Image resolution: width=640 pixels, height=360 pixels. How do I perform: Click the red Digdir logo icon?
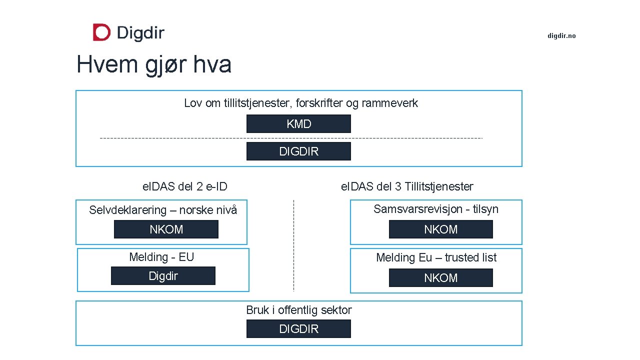(101, 32)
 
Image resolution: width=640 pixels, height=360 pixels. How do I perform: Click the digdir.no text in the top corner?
(561, 35)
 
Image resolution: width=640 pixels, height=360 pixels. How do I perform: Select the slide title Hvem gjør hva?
(154, 65)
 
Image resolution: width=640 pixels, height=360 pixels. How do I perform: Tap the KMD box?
(298, 124)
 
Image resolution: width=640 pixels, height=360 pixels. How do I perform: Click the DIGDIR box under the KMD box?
(298, 151)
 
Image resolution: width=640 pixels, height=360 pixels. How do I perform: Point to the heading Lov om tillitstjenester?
(300, 103)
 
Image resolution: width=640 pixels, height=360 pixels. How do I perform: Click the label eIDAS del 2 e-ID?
(185, 187)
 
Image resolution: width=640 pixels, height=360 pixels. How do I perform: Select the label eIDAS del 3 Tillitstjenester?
(406, 187)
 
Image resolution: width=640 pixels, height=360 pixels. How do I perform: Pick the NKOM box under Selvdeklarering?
(166, 229)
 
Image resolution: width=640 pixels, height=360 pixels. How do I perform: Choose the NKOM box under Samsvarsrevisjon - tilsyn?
(440, 229)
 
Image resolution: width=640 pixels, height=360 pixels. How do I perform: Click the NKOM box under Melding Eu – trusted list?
(440, 278)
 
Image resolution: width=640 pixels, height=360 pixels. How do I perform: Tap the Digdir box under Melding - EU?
(163, 276)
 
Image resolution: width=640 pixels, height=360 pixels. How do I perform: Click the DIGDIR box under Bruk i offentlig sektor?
(298, 329)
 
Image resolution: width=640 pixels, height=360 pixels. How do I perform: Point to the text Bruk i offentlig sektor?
(298, 310)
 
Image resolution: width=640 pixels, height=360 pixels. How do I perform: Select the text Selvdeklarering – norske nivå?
(163, 210)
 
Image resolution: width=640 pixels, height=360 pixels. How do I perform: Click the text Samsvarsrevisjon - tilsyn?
(436, 209)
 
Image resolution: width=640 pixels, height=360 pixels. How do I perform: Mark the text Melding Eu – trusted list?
(436, 257)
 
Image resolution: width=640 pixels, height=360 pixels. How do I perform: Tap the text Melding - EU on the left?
(161, 257)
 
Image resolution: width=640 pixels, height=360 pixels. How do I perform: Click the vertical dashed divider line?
(293, 245)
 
